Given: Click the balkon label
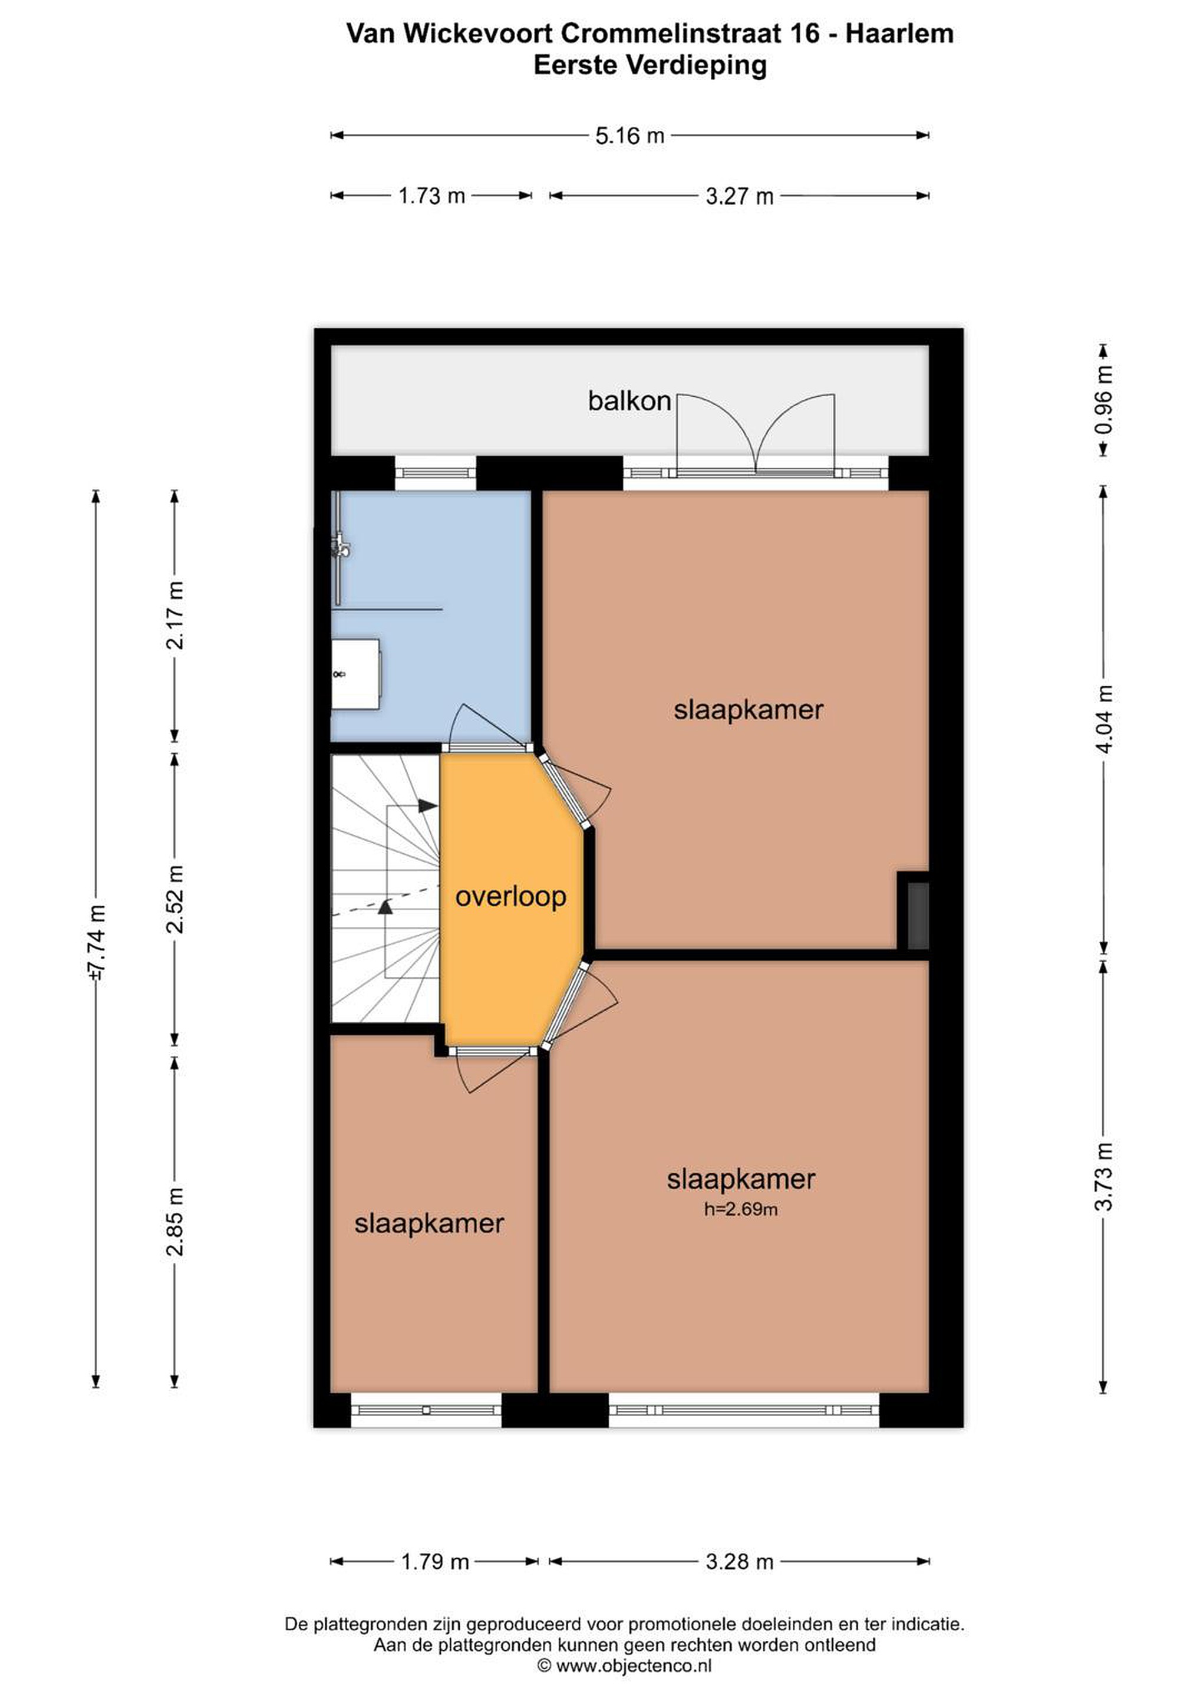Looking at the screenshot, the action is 629,401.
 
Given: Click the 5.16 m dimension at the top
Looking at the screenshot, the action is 630,136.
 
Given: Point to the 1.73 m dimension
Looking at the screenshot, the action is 432,196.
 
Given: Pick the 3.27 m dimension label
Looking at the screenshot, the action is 739,196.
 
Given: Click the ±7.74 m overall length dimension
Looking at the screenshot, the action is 96,942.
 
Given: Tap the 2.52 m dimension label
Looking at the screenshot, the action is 175,899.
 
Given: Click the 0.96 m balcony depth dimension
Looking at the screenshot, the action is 1103,400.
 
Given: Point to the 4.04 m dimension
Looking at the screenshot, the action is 1103,719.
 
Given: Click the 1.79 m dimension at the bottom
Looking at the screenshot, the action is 435,1562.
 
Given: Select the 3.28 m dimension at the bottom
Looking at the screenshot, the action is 739,1562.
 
